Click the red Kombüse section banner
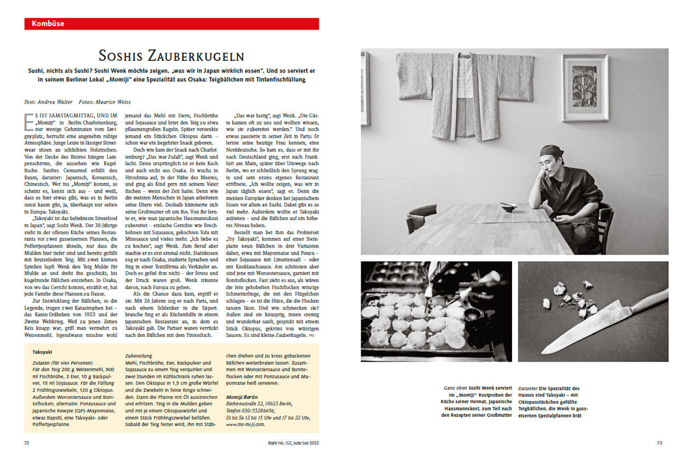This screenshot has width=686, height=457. [x=171, y=24]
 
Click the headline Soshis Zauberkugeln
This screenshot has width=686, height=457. [x=171, y=56]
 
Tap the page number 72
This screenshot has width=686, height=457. [x=27, y=442]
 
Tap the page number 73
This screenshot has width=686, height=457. [x=660, y=442]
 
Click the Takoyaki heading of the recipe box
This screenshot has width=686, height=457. [x=42, y=352]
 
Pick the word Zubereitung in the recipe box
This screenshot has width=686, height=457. [x=139, y=356]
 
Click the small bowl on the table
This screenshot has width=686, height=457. [x=507, y=207]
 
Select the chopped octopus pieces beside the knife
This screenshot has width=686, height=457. [x=571, y=300]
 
